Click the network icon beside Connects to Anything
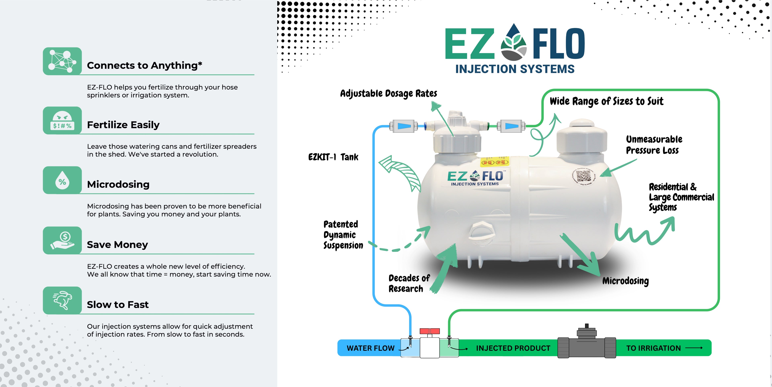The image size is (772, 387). (62, 61)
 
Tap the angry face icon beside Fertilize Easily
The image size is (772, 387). (62, 120)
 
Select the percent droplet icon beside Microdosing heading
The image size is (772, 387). (62, 180)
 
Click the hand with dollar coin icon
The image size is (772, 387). (62, 241)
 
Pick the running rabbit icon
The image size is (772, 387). (62, 300)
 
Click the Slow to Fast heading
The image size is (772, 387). (117, 304)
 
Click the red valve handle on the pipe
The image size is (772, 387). (429, 331)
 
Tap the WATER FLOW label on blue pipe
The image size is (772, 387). (370, 348)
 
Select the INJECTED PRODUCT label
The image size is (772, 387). (513, 348)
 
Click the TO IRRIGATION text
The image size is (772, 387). (653, 348)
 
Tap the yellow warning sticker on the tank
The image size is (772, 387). (495, 162)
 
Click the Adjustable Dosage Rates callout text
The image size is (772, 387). (388, 93)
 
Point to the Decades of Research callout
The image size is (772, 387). (409, 283)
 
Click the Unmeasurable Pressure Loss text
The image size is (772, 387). (654, 145)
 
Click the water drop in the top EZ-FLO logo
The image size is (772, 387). (514, 42)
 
